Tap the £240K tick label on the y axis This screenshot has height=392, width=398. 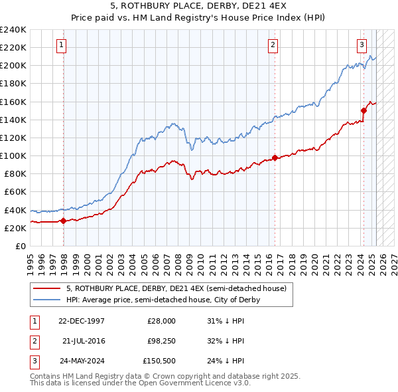coord(13,30)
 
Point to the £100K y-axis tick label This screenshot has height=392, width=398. coord(13,155)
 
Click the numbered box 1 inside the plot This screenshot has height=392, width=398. coord(61,45)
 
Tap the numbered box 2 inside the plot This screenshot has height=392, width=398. coord(273,45)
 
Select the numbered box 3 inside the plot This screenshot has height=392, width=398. coord(362,45)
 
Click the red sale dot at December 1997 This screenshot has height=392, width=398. coord(64,221)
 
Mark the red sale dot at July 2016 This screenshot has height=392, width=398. coord(275,157)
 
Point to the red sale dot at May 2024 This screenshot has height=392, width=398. coord(364,110)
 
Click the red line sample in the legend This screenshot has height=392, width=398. coord(47,288)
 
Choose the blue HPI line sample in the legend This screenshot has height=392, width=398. coord(47,300)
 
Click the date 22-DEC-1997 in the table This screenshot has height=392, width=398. coord(82,321)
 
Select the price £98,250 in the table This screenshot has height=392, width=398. coord(161,341)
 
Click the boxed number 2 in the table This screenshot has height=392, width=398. coord(33,341)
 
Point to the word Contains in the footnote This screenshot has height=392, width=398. coord(46,376)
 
